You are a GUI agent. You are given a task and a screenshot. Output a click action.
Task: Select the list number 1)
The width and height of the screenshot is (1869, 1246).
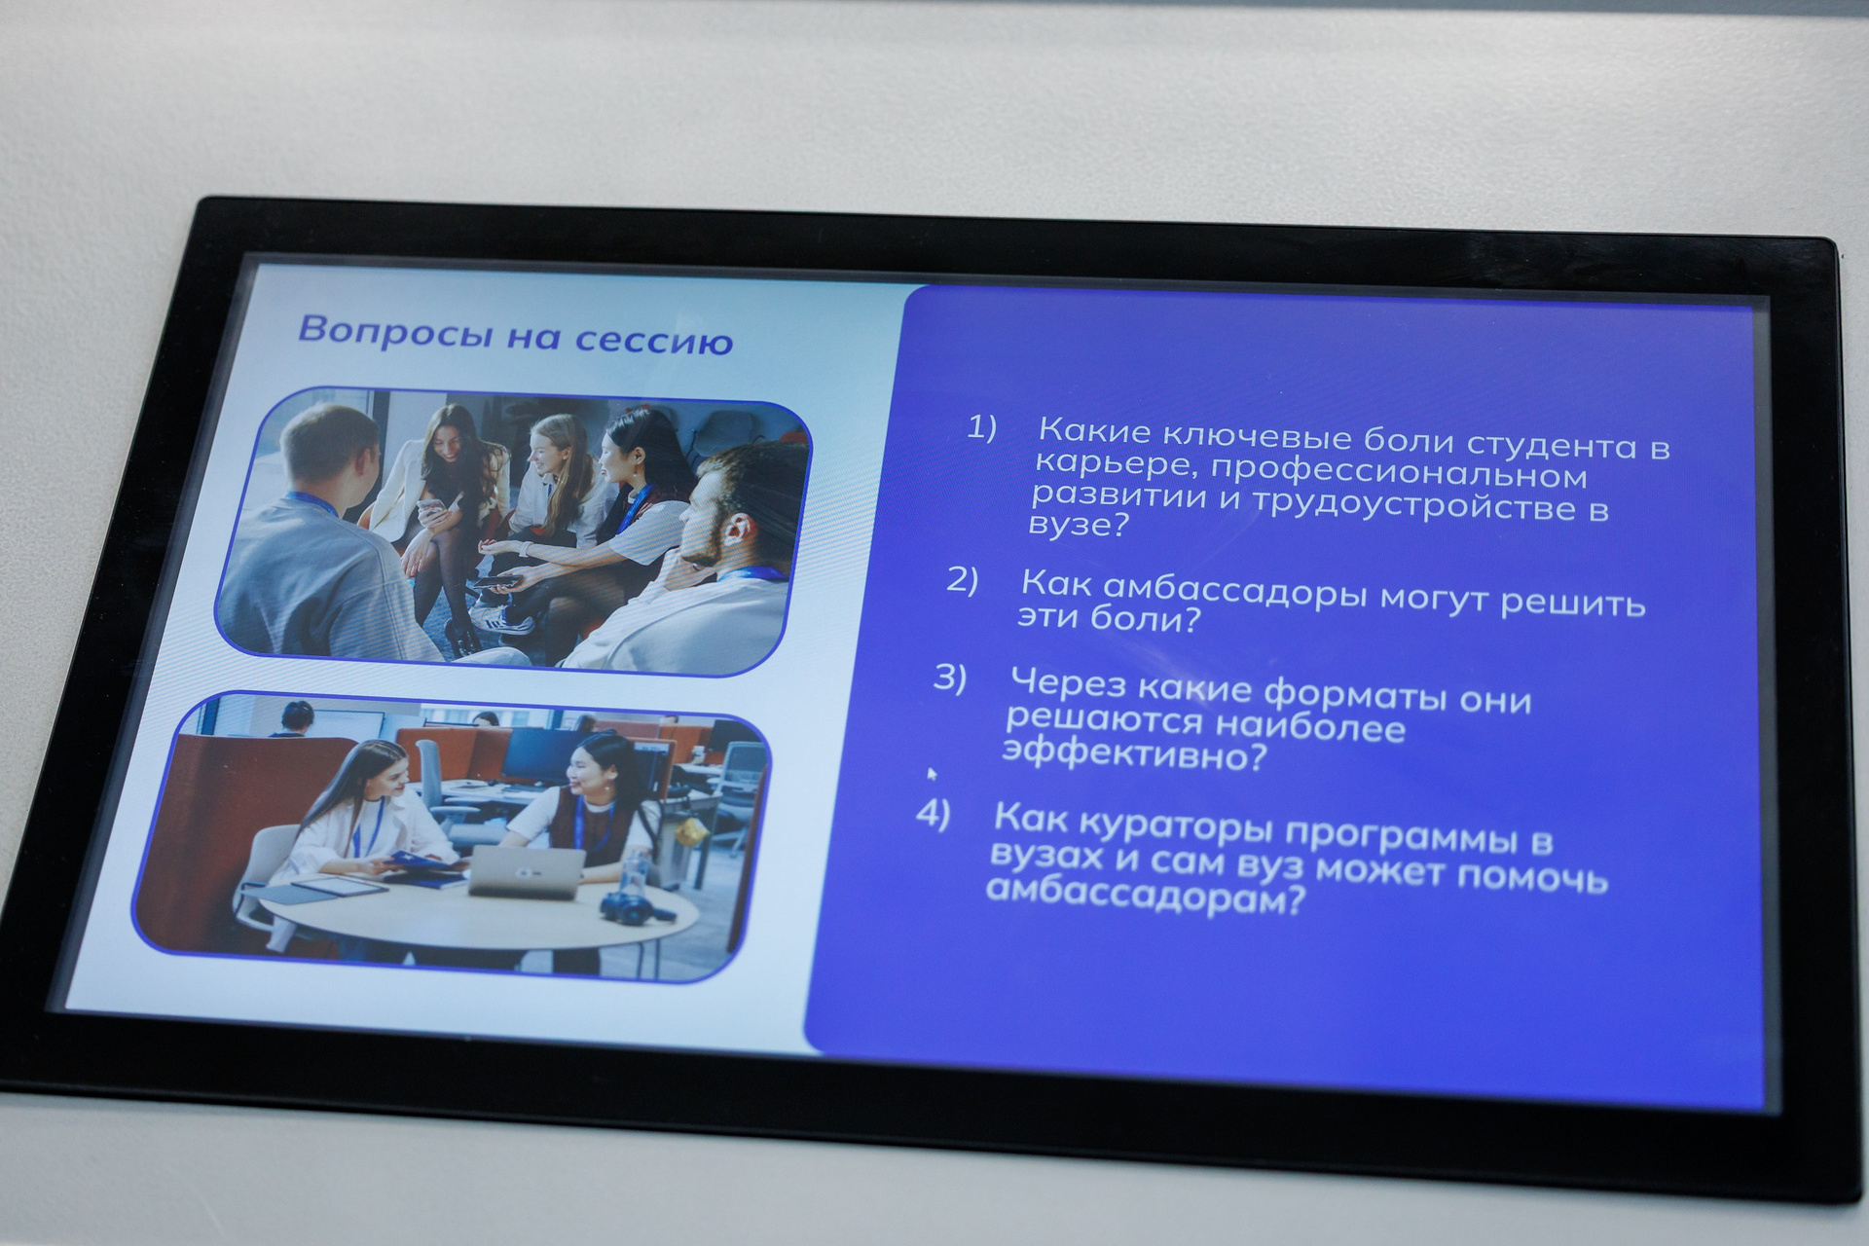[x=981, y=427]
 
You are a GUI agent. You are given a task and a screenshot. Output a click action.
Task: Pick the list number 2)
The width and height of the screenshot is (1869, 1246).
[x=962, y=580]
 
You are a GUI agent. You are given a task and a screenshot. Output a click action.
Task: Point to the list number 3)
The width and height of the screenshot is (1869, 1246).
[x=949, y=678]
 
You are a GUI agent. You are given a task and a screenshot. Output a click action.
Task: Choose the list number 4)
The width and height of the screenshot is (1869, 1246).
[x=933, y=814]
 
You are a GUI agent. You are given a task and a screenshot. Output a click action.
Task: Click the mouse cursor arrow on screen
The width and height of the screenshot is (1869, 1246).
[x=932, y=774]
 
